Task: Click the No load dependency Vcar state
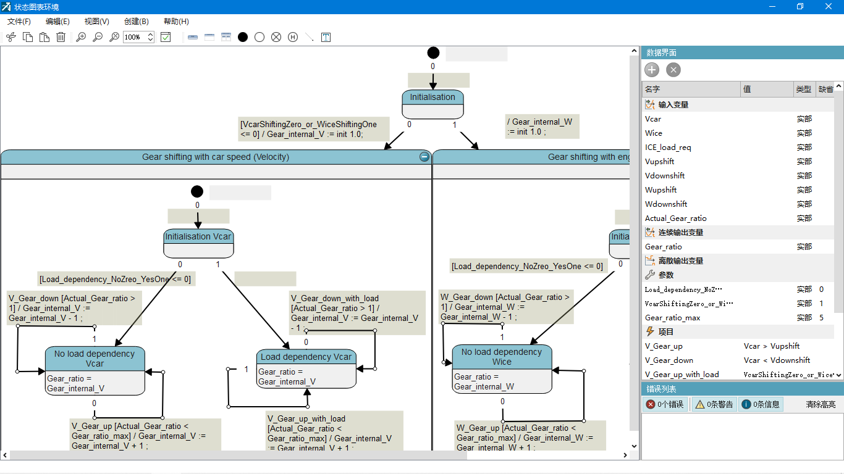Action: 95,370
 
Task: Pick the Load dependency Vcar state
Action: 306,369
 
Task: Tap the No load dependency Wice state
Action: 502,368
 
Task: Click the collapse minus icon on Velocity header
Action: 424,157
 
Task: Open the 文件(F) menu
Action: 19,22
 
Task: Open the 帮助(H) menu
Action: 176,22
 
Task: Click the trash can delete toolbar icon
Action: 61,38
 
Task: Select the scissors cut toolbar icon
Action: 11,38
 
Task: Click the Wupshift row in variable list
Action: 661,190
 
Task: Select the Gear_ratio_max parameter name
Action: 673,318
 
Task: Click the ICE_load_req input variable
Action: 668,148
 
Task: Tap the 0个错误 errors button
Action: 665,404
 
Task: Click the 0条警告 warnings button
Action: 714,404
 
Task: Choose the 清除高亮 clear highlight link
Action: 821,404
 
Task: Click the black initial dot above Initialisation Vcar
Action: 197,192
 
